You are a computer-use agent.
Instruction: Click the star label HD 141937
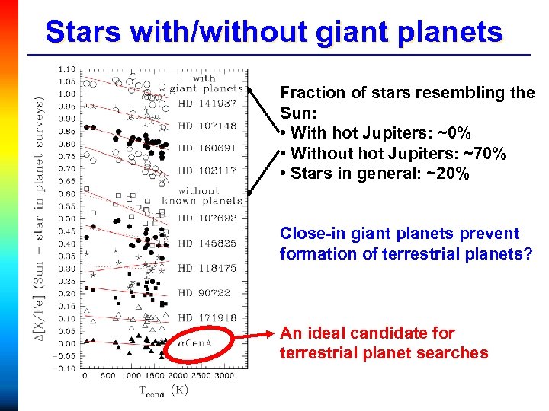pos(207,103)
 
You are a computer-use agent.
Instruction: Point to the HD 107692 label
pos(207,218)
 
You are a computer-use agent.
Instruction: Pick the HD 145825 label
pos(207,243)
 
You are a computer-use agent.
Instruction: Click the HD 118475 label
pos(207,268)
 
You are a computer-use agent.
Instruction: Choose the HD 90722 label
pos(205,292)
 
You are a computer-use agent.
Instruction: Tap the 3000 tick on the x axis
pos(224,376)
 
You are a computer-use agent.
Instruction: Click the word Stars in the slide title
pos(79,33)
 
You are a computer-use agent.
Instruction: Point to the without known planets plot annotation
pos(209,196)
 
